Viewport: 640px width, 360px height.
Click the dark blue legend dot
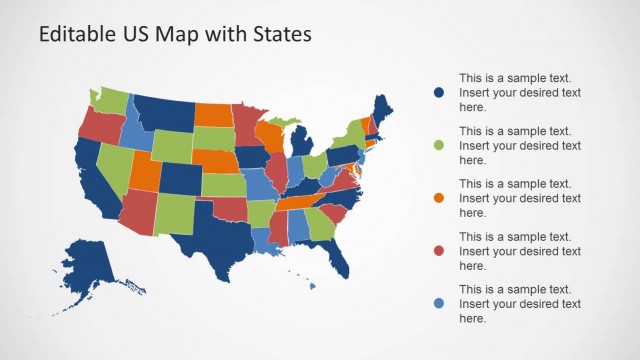click(x=439, y=92)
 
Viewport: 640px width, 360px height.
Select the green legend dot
click(x=439, y=145)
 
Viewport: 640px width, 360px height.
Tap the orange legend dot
click(x=439, y=198)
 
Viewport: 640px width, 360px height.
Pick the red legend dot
click(x=439, y=251)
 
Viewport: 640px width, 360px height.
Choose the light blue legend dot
click(x=439, y=304)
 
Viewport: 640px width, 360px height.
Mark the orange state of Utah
click(x=144, y=170)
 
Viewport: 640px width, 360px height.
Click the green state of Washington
click(x=111, y=100)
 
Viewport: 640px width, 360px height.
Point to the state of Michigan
click(x=300, y=140)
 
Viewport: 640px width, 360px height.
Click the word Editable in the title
click(x=75, y=34)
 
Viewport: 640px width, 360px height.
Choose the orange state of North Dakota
click(x=213, y=113)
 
